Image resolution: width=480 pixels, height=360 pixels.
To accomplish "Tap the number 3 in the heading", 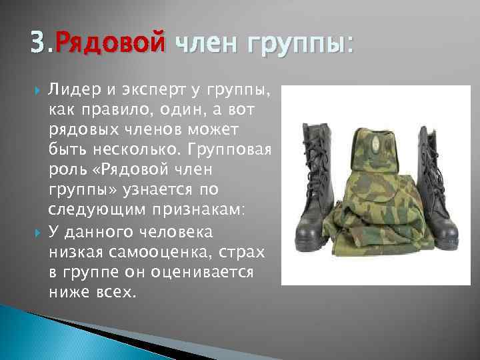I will tap(38, 45).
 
